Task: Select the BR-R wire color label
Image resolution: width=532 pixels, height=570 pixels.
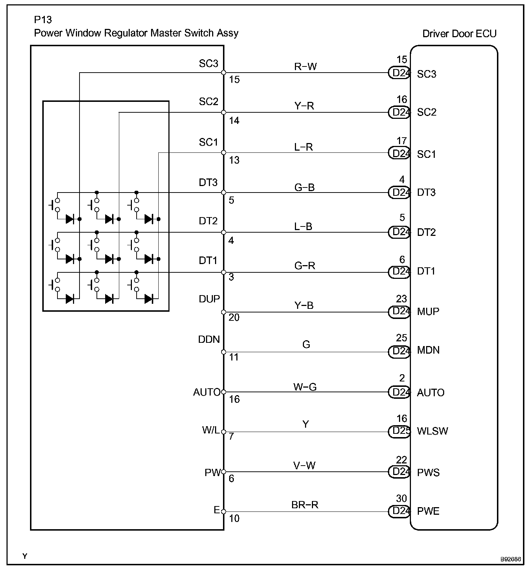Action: [x=305, y=505]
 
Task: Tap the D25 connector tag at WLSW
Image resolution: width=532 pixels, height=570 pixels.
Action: [x=399, y=432]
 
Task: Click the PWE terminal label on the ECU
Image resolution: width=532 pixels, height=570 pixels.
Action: [x=428, y=511]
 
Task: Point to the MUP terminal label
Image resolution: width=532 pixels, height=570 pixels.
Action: [x=428, y=311]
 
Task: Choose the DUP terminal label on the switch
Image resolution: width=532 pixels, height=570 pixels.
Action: [x=209, y=299]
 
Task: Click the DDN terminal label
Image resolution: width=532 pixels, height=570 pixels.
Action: [x=209, y=340]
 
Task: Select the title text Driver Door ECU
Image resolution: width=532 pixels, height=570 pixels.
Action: [x=459, y=34]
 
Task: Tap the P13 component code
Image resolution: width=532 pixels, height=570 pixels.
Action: [x=43, y=20]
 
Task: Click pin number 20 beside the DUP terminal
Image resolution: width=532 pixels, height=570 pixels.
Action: [x=234, y=318]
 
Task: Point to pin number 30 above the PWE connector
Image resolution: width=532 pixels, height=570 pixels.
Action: [x=402, y=498]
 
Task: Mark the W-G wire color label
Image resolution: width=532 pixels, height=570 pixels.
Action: [x=305, y=387]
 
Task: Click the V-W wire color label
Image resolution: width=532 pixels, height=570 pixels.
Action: [x=304, y=466]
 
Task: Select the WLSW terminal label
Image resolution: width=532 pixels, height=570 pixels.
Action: [x=432, y=431]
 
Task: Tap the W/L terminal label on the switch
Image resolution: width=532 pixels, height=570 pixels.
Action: [x=210, y=430]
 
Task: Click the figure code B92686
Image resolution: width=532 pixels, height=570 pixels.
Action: [x=510, y=559]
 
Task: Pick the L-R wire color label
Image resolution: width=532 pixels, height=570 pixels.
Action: [x=304, y=147]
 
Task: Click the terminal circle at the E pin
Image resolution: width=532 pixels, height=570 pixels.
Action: [x=224, y=511]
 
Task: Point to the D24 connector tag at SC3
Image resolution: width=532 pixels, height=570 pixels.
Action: [x=399, y=73]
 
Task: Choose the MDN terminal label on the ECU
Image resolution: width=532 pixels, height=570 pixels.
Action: [x=428, y=350]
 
